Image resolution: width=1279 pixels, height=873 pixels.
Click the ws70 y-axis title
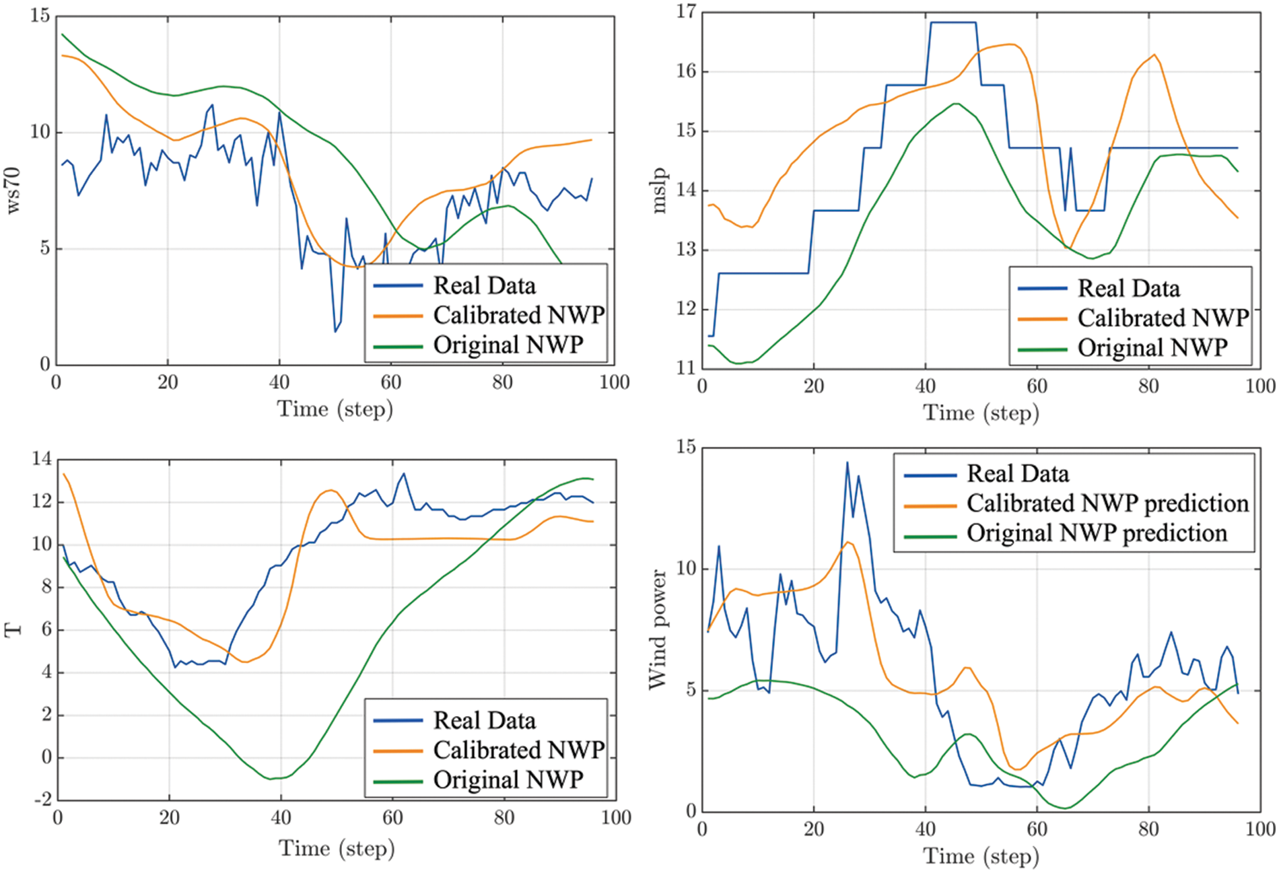(13, 191)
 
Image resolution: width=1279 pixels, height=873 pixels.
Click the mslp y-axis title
(659, 191)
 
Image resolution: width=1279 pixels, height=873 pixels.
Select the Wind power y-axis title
(657, 629)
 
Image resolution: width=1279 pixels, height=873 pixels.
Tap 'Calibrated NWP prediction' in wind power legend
(1107, 503)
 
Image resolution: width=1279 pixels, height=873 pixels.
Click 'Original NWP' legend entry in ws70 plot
(508, 345)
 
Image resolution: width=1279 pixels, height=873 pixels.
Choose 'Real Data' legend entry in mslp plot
(1128, 288)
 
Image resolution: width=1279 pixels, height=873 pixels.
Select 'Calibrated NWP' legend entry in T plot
(518, 750)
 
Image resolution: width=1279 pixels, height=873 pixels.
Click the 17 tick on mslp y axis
(686, 12)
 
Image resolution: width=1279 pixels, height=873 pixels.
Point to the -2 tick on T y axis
(42, 800)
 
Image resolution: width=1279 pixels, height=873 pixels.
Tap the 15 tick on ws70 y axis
(40, 15)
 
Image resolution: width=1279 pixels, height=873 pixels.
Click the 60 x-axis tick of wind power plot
(1037, 829)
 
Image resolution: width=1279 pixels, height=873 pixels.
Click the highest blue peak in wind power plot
(847, 462)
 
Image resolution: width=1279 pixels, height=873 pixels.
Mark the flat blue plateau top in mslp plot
(953, 23)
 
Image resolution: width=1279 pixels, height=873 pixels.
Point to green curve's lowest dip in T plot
(271, 779)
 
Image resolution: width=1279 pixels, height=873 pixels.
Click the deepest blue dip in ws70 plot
(335, 331)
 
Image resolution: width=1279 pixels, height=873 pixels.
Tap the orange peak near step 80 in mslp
(1154, 55)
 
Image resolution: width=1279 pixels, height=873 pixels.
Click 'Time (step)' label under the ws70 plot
(335, 409)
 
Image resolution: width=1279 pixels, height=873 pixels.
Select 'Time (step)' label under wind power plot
(980, 856)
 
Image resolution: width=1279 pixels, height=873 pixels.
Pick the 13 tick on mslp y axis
(686, 250)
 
